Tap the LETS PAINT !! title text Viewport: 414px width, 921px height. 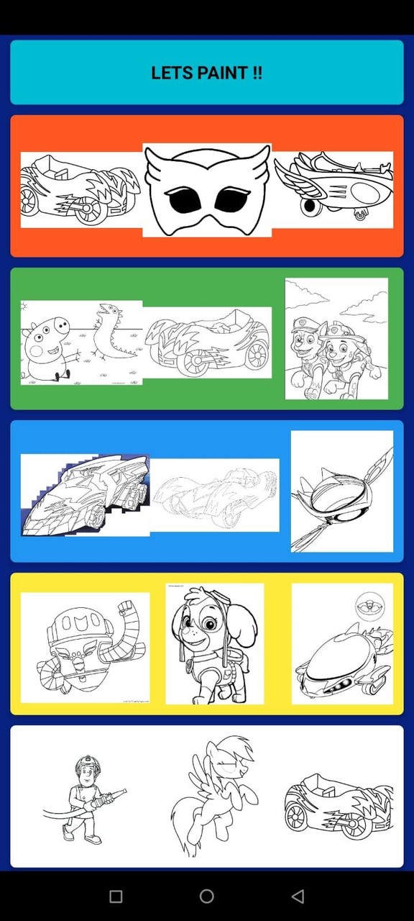[206, 73]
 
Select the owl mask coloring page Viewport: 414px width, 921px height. [207, 190]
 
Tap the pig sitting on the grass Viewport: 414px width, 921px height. [45, 350]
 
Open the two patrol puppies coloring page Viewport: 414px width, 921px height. [336, 339]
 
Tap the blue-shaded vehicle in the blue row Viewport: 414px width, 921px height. [85, 494]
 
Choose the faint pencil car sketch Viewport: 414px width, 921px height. [214, 495]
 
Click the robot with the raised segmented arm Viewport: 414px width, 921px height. [85, 646]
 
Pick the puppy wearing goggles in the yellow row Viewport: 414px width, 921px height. [214, 644]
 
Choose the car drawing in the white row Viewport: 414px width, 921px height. [338, 805]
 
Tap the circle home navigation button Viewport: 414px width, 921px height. [207, 897]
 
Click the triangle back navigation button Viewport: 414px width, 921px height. [298, 897]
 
